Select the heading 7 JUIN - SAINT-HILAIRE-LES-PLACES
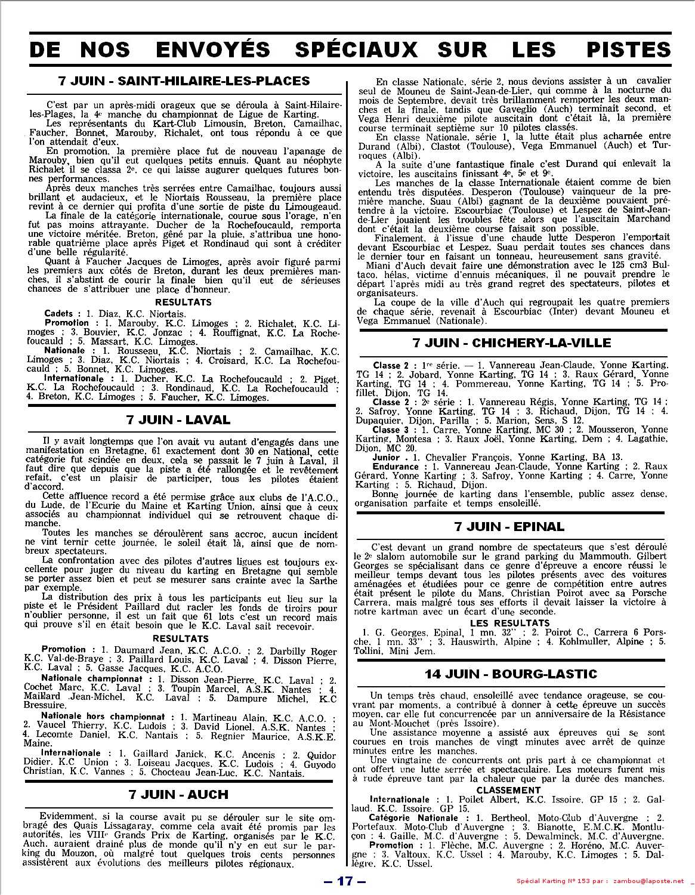(184, 81)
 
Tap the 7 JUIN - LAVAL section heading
(178, 419)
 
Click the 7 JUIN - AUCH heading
(178, 795)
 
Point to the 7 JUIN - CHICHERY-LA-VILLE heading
(512, 342)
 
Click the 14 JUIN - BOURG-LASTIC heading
(511, 674)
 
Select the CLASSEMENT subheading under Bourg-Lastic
(508, 790)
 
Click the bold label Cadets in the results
(58, 313)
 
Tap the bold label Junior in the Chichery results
(386, 457)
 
